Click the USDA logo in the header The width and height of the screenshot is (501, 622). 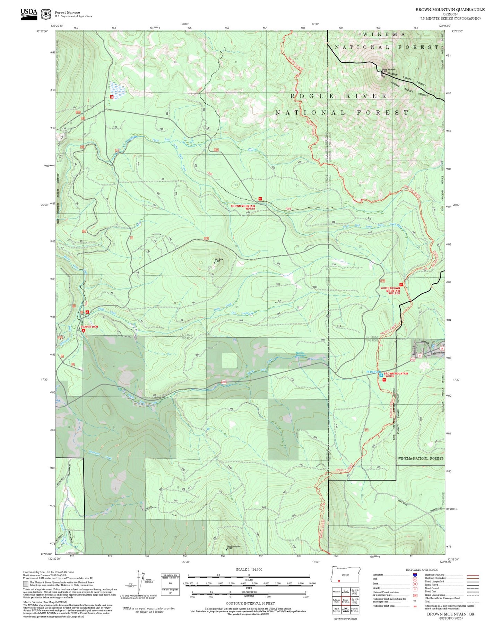28,14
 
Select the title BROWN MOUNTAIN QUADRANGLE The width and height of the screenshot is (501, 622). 450,10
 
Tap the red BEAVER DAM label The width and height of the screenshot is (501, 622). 89,327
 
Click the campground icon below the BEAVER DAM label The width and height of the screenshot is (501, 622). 84,331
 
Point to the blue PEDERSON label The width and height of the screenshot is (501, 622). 374,372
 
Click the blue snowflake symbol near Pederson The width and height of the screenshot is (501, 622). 381,375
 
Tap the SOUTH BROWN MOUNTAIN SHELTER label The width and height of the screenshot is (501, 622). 390,291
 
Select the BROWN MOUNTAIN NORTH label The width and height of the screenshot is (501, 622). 243,207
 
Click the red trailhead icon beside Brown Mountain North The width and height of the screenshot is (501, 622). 260,199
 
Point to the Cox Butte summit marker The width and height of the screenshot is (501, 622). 215,263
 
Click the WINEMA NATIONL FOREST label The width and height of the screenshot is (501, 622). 420,458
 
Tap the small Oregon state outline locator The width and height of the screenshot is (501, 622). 346,574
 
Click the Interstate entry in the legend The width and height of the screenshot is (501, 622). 378,575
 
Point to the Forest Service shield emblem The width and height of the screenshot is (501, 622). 46,14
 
